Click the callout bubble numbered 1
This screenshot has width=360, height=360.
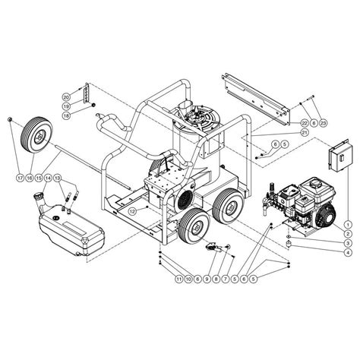(347, 224)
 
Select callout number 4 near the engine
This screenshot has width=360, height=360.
(347, 253)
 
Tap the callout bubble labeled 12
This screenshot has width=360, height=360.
(131, 210)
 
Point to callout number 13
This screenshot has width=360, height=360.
(57, 178)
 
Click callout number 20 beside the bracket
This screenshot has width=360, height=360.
(66, 97)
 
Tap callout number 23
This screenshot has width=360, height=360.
(323, 122)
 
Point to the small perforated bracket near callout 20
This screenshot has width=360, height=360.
(88, 95)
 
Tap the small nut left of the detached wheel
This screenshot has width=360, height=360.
(8, 120)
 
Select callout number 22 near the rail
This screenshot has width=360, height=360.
(305, 122)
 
